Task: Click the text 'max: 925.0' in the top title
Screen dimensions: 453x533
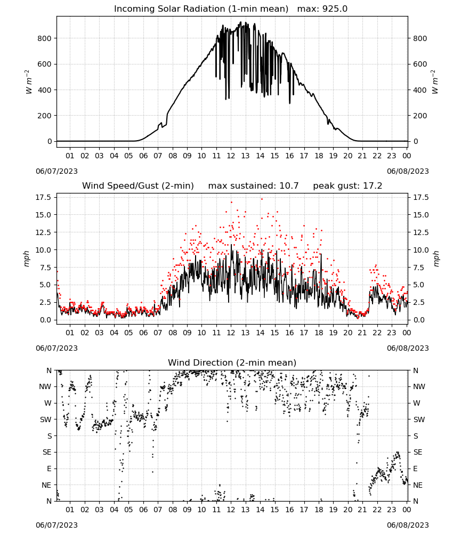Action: click(322, 9)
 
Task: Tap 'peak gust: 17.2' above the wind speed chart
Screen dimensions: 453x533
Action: click(347, 185)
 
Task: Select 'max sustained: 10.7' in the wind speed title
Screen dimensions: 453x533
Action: click(253, 185)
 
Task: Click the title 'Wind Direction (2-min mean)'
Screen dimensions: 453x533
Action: click(232, 362)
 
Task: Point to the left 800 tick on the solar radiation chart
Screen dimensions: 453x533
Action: click(44, 38)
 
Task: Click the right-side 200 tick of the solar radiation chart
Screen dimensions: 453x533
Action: click(420, 116)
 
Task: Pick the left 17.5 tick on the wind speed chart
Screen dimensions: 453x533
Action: click(43, 197)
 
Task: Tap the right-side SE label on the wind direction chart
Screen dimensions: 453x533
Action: click(418, 452)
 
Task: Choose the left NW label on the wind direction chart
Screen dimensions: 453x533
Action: click(45, 386)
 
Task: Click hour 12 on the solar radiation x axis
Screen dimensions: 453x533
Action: click(231, 156)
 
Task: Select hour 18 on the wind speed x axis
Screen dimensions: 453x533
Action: click(318, 333)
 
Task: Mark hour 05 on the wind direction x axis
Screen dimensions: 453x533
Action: click(128, 510)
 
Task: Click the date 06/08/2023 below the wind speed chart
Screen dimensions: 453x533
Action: click(408, 348)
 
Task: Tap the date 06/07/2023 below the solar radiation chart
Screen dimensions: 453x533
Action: click(56, 171)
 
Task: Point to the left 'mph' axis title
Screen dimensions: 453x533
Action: click(27, 259)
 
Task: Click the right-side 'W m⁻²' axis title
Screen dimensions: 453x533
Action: click(435, 82)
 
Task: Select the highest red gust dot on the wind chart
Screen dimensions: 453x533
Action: click(262, 199)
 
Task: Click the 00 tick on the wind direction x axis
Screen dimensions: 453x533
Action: click(407, 510)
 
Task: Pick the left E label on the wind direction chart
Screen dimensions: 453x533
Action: click(49, 469)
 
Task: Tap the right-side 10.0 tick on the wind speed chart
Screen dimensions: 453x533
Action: click(421, 250)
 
